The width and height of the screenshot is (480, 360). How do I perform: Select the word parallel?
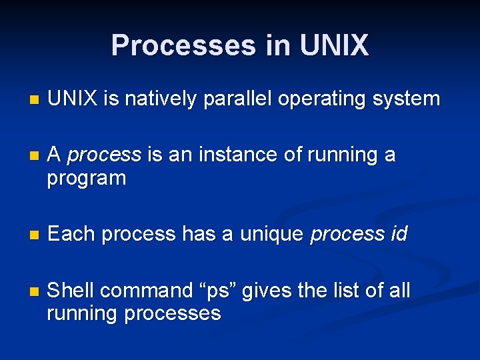click(x=242, y=99)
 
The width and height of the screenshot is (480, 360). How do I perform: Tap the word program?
click(x=87, y=179)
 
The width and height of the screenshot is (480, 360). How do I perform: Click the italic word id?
click(x=397, y=234)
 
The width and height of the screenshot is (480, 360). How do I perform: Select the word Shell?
click(x=71, y=291)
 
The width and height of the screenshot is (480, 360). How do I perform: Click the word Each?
click(x=73, y=234)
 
